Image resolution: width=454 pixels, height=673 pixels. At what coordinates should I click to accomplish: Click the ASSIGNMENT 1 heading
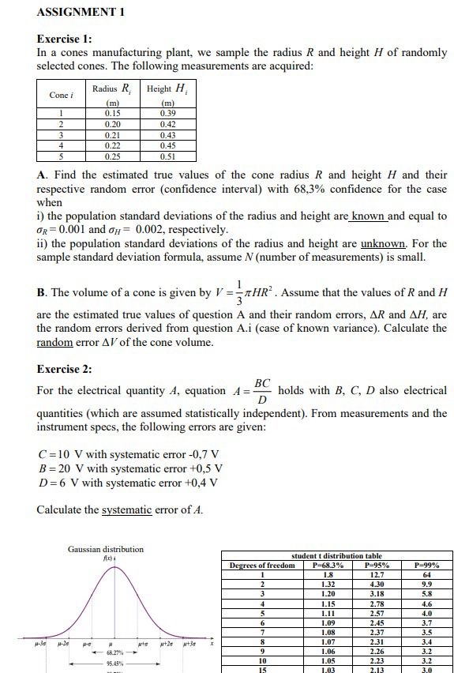[x=81, y=12]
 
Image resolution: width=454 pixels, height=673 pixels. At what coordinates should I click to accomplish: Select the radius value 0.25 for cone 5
[x=113, y=156]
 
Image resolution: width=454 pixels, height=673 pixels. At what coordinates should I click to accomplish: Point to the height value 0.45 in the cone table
[x=167, y=145]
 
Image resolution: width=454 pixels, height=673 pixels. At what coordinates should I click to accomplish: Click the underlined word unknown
[x=383, y=243]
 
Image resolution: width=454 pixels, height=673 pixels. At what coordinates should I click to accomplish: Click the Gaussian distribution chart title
[x=106, y=548]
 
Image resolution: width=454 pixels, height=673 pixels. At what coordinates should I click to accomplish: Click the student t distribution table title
[x=336, y=556]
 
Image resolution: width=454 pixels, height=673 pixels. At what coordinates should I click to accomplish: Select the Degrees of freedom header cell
[x=262, y=565]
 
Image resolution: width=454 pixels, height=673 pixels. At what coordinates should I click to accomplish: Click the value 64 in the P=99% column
[x=427, y=574]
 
